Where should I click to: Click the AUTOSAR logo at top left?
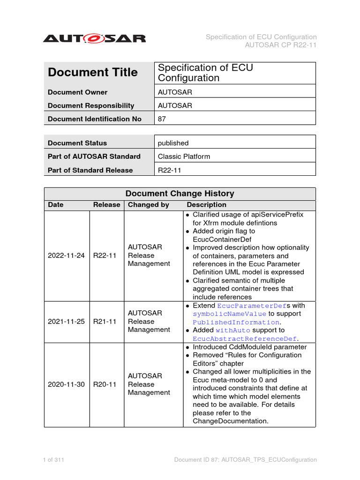(x=94, y=38)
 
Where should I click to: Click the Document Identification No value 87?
(x=162, y=119)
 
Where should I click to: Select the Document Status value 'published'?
(x=173, y=143)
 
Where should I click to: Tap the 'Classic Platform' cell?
(x=184, y=157)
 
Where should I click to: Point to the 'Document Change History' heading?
(x=180, y=194)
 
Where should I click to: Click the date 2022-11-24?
(x=66, y=255)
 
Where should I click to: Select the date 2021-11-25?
(x=66, y=322)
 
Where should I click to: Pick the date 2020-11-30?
(x=66, y=384)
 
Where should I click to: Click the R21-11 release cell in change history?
(x=105, y=322)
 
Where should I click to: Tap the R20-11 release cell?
(x=105, y=384)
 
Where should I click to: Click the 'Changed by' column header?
(x=149, y=205)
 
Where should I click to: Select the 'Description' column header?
(x=206, y=205)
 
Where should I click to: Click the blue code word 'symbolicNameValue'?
(x=229, y=314)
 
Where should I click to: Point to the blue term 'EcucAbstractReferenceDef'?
(x=244, y=339)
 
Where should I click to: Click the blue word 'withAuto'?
(x=233, y=330)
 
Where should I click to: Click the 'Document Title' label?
(x=93, y=73)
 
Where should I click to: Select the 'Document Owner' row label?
(x=77, y=92)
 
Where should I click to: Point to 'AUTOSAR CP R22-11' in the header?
(x=281, y=45)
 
